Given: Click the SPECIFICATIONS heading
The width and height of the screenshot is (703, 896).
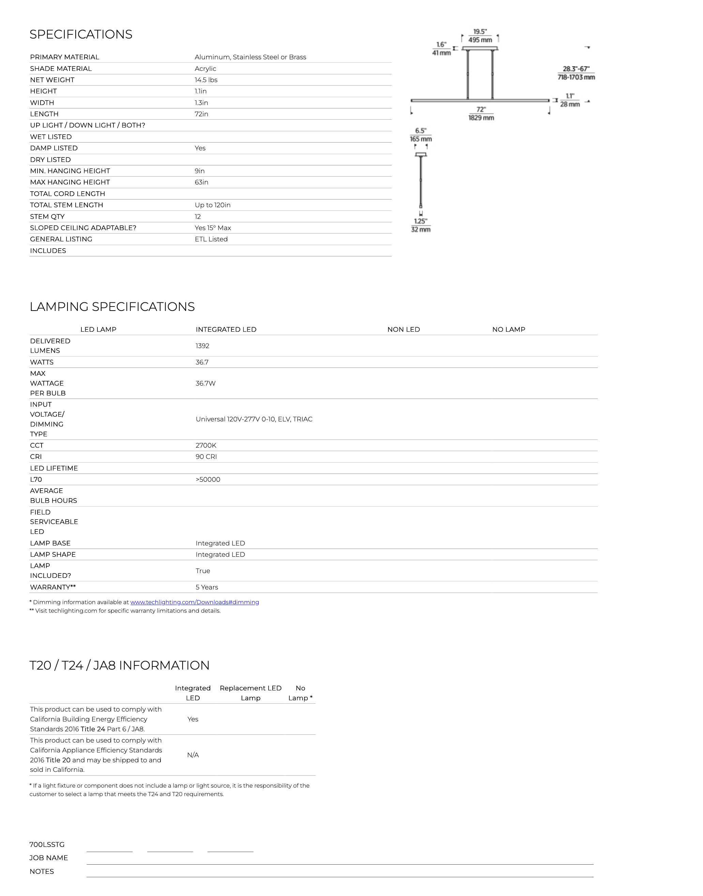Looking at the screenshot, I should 81,34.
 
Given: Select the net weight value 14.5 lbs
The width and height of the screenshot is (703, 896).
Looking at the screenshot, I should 206,80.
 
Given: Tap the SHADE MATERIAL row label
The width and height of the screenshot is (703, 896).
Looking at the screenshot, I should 61,68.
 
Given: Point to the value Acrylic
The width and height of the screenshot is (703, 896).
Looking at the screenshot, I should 205,68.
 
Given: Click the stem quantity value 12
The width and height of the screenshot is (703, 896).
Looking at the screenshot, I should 198,216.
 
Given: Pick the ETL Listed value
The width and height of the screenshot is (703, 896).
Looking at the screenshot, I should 211,239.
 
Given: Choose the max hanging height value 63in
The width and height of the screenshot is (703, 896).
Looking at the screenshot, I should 201,182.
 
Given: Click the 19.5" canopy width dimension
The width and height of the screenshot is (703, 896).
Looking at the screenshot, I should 480,32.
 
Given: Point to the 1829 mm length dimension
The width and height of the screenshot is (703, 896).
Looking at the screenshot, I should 481,118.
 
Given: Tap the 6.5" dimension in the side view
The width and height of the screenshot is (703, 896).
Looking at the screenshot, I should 421,131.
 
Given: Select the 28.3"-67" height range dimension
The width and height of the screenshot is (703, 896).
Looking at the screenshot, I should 576,69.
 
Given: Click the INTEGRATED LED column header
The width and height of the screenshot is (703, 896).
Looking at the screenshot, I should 226,329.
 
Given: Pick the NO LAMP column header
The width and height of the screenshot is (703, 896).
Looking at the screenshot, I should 509,329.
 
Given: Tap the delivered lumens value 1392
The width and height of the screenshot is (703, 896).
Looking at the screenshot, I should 202,346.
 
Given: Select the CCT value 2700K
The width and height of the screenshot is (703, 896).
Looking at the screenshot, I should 206,446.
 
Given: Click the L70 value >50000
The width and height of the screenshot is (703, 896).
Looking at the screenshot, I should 208,479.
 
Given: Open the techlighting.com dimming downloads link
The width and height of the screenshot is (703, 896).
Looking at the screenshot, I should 195,602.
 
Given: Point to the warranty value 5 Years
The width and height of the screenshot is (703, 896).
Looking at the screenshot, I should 207,587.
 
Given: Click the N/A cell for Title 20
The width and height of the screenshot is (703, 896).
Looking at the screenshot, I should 193,755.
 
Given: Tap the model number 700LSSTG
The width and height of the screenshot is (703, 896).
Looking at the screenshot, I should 47,845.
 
